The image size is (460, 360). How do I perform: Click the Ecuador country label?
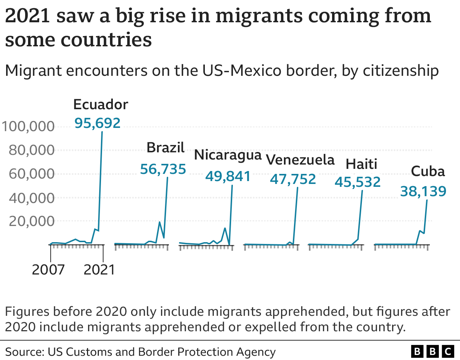pos(101,105)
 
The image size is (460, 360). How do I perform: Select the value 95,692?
pos(97,123)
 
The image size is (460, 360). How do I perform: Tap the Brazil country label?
pos(165,148)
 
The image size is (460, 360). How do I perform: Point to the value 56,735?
pos(163,169)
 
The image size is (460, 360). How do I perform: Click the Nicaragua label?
pos(227,155)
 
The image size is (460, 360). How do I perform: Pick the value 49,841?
pos(228,176)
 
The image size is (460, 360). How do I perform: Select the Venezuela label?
pos(300,160)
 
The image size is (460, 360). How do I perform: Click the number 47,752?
pos(293,179)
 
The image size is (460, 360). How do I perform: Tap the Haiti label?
pos(361,164)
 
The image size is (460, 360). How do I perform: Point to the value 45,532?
pos(358,182)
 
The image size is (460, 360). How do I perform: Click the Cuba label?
pos(428,171)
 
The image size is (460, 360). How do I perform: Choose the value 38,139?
pos(423,191)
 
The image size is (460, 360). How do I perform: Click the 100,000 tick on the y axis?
pos(28,126)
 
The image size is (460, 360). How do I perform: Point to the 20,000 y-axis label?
pos(32,221)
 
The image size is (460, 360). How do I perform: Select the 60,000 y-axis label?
pos(32,174)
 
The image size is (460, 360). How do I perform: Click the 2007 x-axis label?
pos(48,270)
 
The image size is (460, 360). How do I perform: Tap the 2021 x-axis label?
pos(99,270)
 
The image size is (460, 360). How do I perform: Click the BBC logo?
pos(432,351)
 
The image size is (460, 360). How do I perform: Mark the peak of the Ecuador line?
pos(102,132)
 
